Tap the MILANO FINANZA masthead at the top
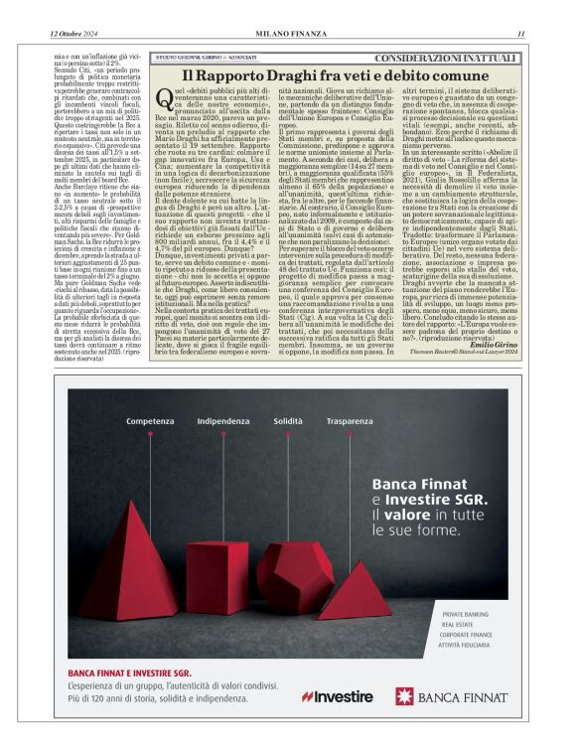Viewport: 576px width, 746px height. pyautogui.click(x=287, y=34)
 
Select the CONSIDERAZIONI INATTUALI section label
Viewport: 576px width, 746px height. pyautogui.click(x=460, y=59)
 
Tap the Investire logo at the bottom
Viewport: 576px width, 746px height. pyautogui.click(x=338, y=696)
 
